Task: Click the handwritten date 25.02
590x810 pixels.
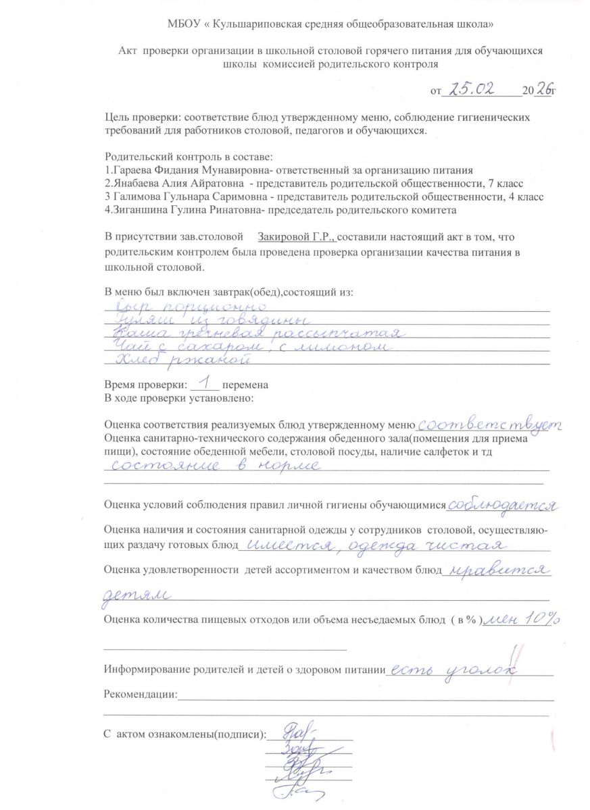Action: (477, 88)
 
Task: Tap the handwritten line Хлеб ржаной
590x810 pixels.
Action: (179, 361)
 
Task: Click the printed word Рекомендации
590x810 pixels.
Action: (140, 695)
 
